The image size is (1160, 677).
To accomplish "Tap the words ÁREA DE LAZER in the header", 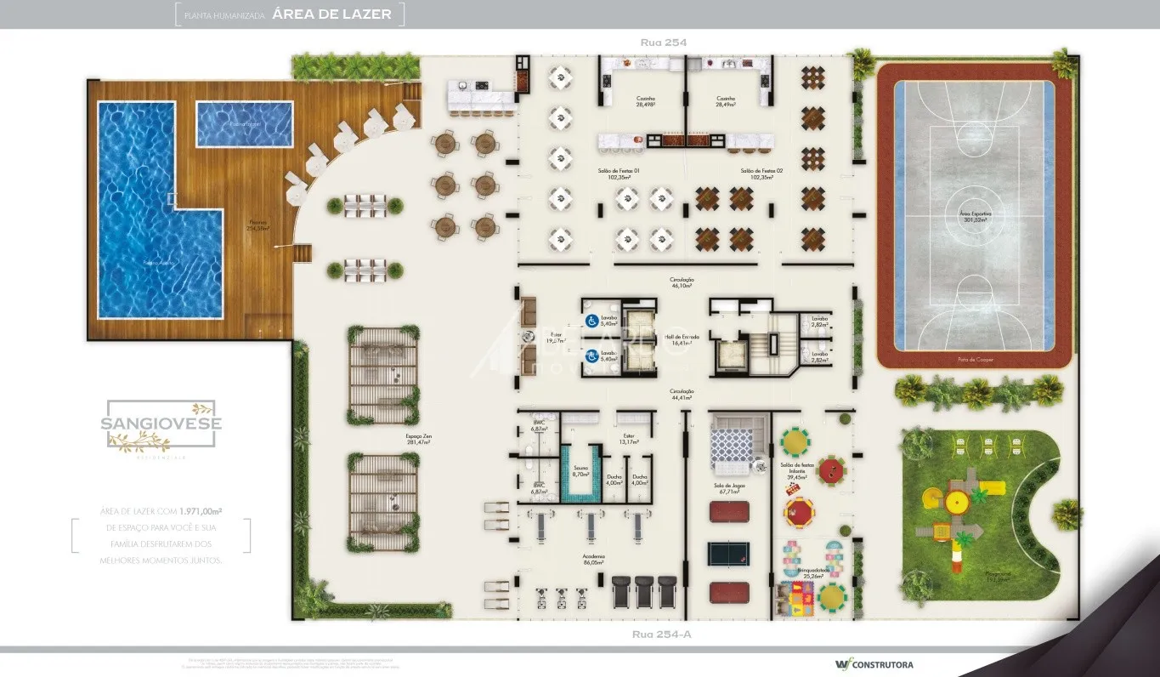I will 332,14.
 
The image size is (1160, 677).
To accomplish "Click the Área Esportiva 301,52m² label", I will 970,217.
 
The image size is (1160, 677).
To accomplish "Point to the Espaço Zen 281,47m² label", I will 418,440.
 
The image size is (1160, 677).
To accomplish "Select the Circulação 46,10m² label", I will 682,282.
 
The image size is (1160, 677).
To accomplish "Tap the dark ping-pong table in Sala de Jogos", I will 729,553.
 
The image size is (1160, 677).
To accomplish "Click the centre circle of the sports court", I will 970,210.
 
